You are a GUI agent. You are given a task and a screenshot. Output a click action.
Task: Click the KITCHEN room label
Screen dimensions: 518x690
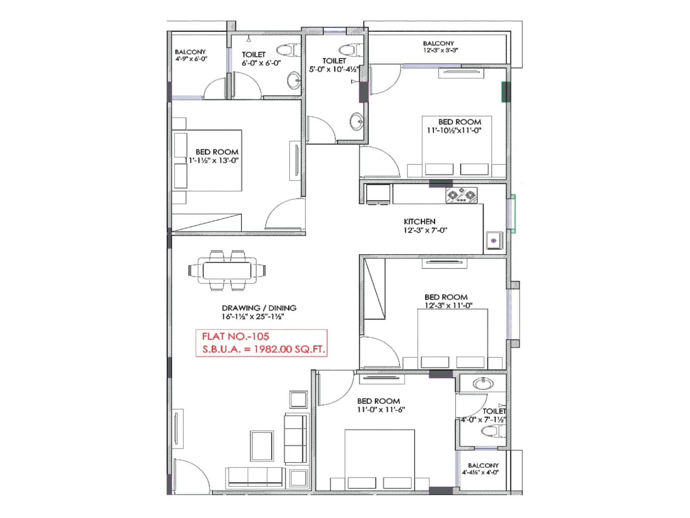[x=419, y=221]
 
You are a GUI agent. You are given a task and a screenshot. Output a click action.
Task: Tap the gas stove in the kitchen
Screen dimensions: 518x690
[x=461, y=195]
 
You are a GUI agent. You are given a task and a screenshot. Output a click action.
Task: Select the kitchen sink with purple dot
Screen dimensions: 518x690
[x=494, y=240]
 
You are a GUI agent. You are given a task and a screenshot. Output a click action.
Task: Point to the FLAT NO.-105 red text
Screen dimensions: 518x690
[x=235, y=337]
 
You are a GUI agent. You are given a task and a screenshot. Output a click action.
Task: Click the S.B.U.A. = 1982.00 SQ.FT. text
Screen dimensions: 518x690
[x=263, y=350]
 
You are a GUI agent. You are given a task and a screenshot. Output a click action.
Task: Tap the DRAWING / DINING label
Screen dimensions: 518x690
[x=259, y=308]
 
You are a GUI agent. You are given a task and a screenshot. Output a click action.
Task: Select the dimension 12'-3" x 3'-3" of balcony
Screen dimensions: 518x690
[x=440, y=51]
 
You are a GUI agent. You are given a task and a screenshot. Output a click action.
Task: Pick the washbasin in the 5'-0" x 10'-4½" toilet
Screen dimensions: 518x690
[x=356, y=121]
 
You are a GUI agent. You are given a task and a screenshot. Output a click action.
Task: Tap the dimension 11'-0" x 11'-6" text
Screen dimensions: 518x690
[x=381, y=410]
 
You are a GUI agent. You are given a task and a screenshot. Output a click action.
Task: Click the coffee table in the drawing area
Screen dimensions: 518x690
[x=262, y=446]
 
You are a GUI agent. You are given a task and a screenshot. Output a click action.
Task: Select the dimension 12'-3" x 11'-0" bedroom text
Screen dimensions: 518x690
[x=448, y=306]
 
